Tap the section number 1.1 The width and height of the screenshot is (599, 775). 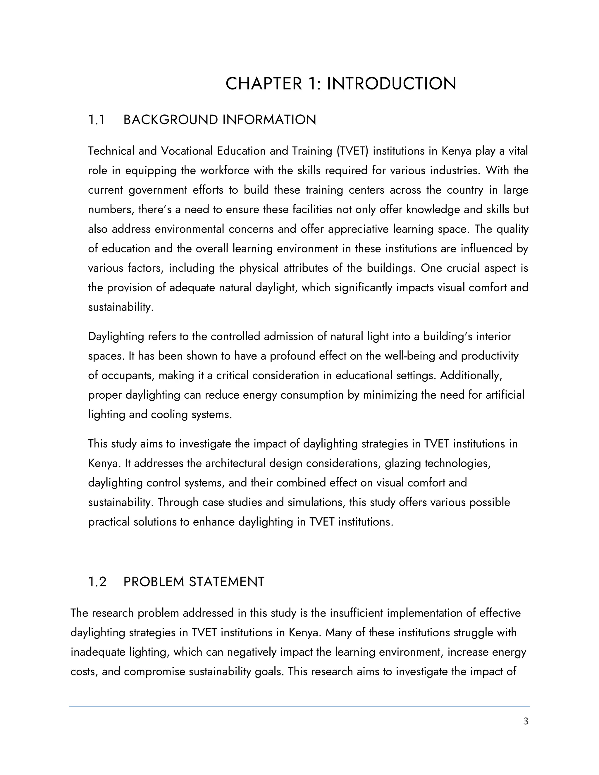point(96,120)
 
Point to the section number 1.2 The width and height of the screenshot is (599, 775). point(97,582)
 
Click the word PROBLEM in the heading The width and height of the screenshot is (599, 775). point(153,582)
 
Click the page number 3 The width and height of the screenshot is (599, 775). point(526,721)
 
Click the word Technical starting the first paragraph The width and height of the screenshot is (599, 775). point(111,151)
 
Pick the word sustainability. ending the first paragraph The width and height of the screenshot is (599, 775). point(121,307)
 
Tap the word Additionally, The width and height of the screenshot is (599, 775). point(471,376)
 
